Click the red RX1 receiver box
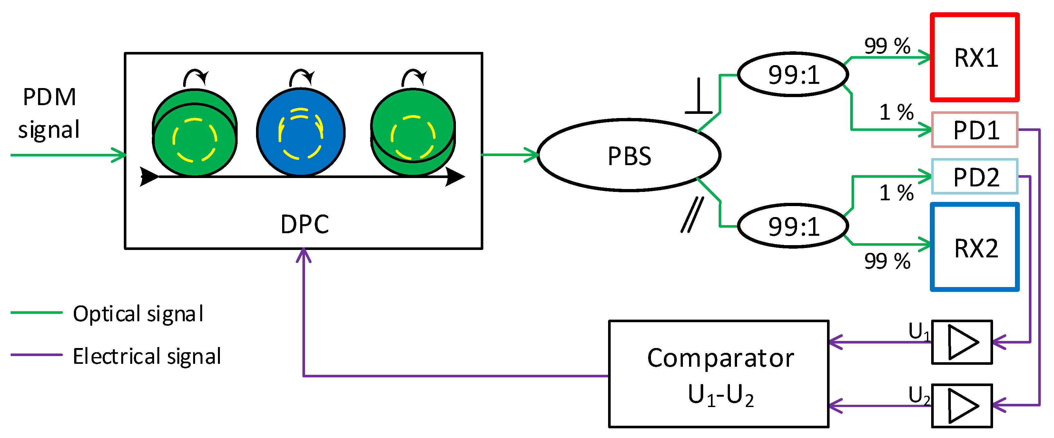974,57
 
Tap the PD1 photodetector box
974,130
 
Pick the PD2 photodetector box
974,176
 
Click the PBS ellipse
628,155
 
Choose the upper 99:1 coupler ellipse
793,75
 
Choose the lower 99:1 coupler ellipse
793,226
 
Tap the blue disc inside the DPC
301,132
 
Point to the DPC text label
304,224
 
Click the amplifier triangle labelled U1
962,342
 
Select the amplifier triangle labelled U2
962,406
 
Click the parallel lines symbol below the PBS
692,214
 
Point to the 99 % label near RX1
887,46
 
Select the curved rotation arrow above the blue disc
301,77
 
